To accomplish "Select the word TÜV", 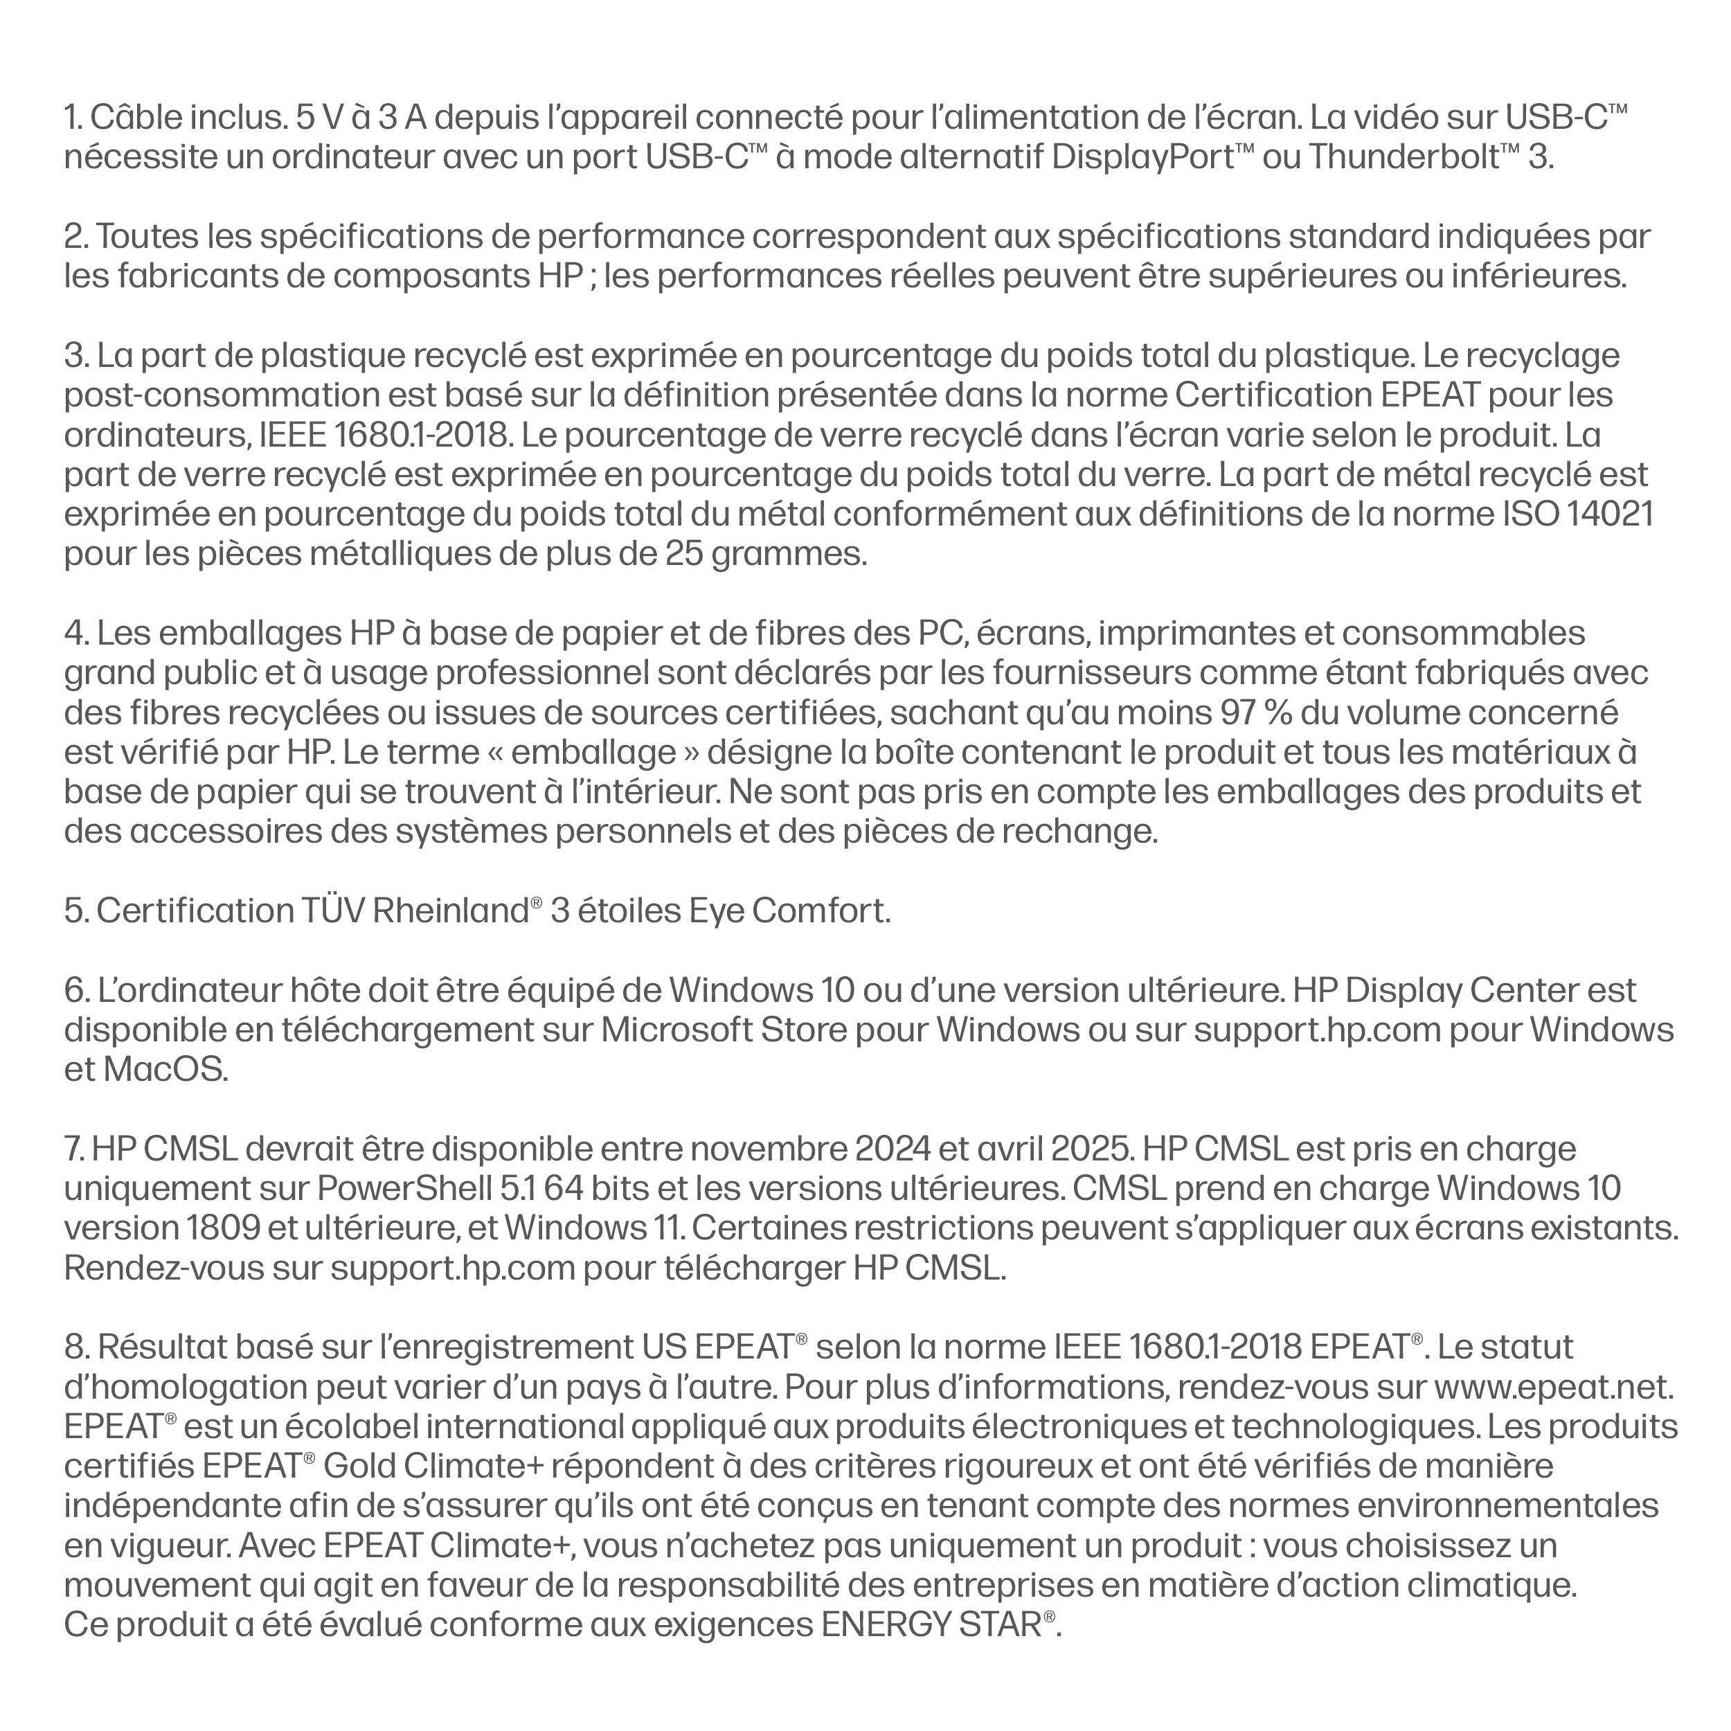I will [x=330, y=911].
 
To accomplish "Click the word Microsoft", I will [x=676, y=1030].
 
